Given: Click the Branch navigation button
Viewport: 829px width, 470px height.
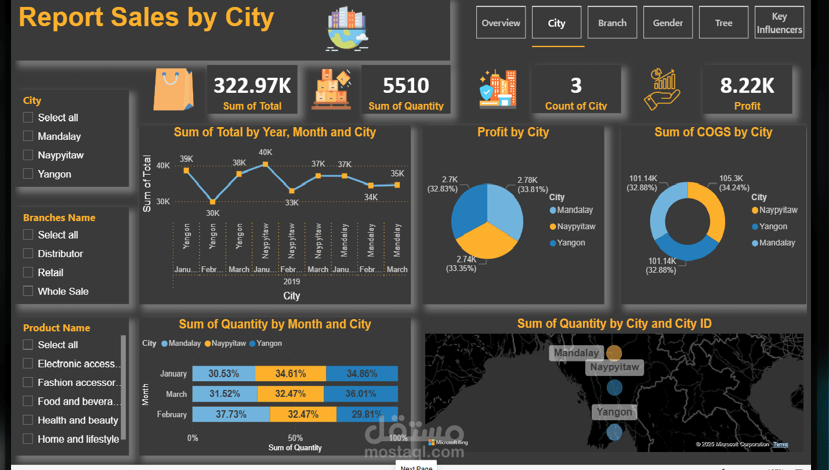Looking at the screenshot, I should tap(612, 23).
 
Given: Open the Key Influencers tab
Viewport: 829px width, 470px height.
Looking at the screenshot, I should tap(779, 23).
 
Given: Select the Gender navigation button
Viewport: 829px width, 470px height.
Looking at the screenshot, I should tap(668, 23).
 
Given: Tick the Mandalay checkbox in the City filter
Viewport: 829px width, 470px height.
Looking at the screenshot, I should tap(28, 136).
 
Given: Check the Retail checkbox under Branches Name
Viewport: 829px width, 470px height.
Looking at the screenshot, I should tap(28, 272).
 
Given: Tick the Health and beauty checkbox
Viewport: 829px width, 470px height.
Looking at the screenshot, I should tap(28, 420).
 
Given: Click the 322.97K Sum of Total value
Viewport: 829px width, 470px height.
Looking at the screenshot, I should tap(252, 86).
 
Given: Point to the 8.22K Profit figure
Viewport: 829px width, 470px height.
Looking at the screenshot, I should tap(747, 86).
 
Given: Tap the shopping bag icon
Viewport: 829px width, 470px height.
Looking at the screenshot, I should tap(172, 89).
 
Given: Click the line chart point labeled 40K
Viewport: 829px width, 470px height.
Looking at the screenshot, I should tap(266, 164).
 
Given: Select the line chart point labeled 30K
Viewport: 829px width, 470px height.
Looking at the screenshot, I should tap(213, 202).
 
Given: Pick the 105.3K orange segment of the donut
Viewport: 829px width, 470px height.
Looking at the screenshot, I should tap(710, 209).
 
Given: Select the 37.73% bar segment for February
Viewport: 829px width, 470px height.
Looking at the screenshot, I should tap(231, 414).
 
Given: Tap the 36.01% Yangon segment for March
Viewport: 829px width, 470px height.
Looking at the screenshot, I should tap(361, 394).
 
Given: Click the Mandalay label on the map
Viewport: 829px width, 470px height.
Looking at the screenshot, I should tap(575, 353).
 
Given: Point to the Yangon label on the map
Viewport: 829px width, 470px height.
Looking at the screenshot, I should tap(614, 412).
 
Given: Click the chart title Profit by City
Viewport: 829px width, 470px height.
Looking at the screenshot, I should tap(513, 132).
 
